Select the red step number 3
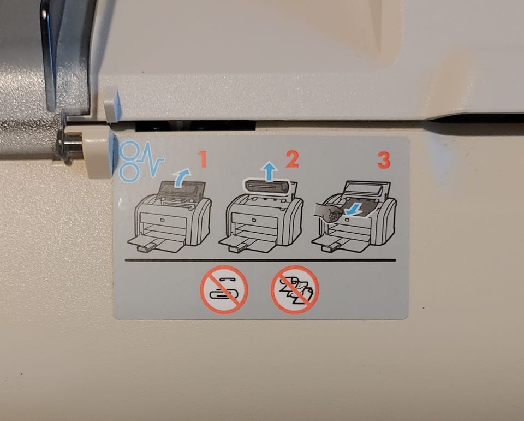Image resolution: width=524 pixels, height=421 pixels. coord(384,160)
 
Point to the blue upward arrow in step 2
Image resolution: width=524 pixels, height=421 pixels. coord(269,171)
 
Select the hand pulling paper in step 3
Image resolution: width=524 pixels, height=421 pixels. coord(329,212)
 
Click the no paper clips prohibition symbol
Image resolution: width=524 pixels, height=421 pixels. coord(224,289)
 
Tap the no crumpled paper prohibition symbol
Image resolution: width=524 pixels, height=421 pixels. coord(295,289)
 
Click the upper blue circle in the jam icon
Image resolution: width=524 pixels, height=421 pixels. coord(129,151)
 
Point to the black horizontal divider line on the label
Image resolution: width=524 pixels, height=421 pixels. coord(260,260)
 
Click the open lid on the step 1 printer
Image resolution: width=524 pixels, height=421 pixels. coord(181,191)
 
